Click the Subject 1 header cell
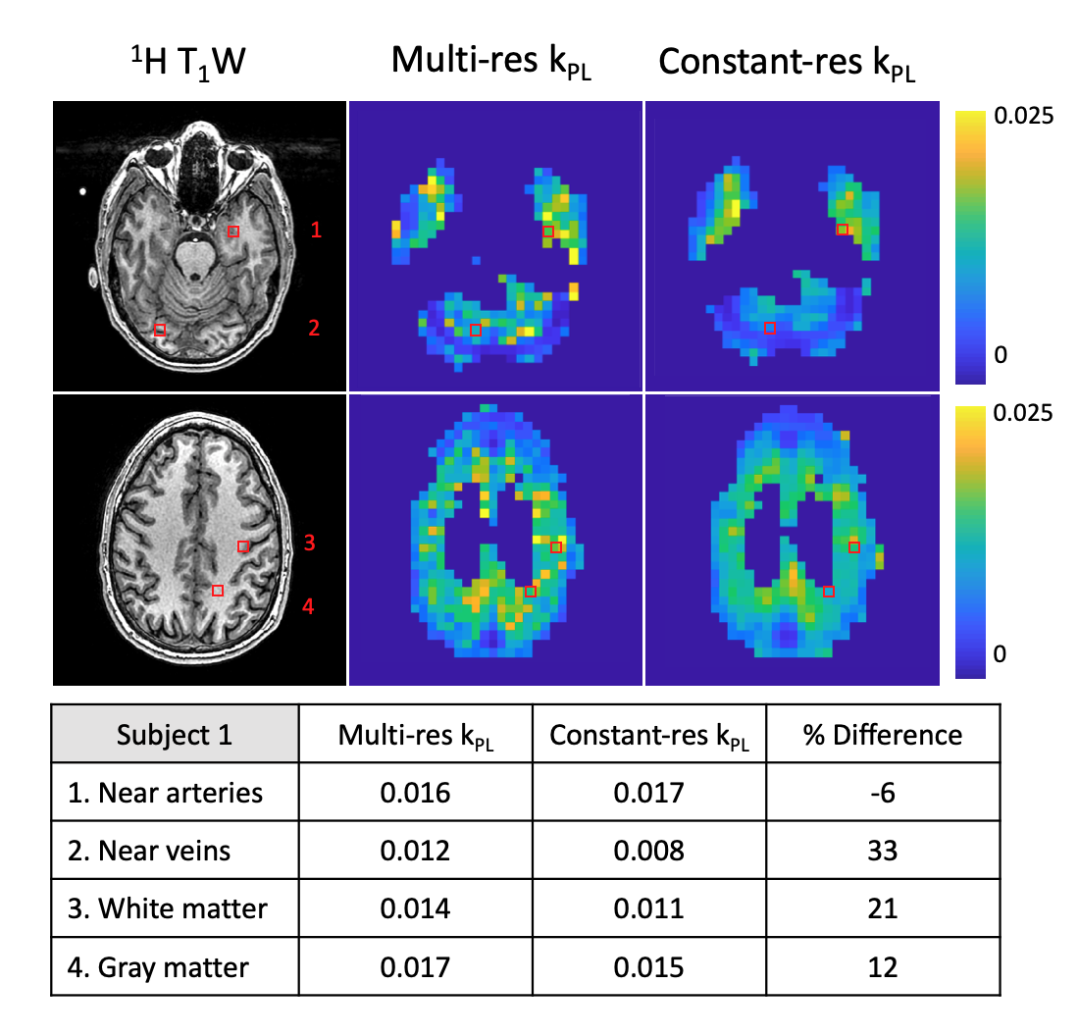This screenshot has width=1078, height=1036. coord(175,735)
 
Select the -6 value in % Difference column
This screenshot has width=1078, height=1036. coord(882,793)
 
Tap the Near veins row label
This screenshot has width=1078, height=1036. coord(165,851)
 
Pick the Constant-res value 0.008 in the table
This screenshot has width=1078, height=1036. coord(648,851)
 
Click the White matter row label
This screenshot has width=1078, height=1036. coord(182,908)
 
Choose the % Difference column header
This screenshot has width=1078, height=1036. coord(882,735)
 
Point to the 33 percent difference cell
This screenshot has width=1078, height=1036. coord(882,851)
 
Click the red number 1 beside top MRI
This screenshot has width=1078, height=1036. coord(316,231)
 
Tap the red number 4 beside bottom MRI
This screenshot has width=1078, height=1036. coord(308,607)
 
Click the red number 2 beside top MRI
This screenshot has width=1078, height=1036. coord(314,328)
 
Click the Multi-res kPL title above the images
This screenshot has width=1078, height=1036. coord(491,62)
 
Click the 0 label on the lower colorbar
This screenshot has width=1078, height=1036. coord(1001,653)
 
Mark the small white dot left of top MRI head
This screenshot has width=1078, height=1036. coord(83,192)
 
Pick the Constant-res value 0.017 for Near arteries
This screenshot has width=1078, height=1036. coord(648,793)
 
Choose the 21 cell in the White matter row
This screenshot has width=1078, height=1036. coord(882,908)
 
